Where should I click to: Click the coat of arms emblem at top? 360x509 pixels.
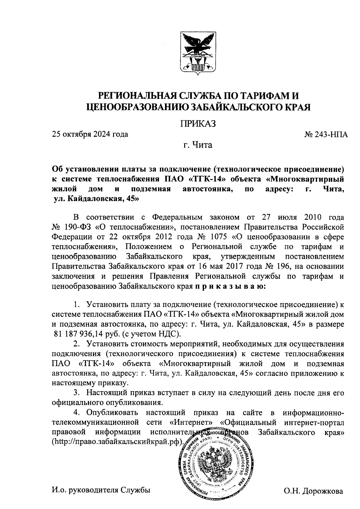coord(198,52)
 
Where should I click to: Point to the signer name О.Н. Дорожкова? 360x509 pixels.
coord(313,491)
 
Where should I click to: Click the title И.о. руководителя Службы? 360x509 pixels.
coord(100,490)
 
